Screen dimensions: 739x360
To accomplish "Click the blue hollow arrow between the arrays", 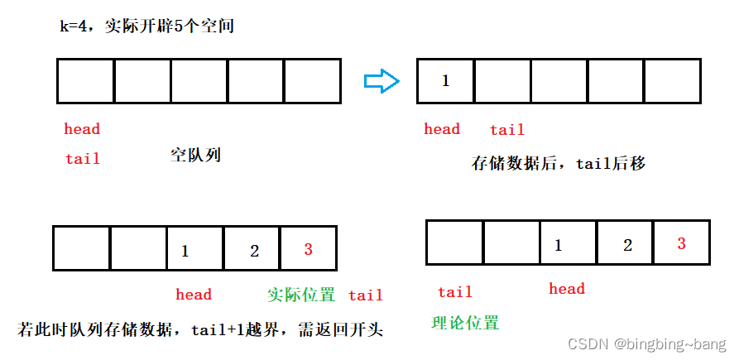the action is [x=381, y=80].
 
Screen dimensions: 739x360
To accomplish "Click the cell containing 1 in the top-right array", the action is [x=446, y=81].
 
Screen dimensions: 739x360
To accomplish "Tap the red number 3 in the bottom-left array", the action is [x=308, y=249].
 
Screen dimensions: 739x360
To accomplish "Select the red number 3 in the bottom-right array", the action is [x=681, y=244].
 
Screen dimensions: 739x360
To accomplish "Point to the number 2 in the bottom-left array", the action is [x=254, y=251].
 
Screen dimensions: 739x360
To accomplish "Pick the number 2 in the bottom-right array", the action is [x=627, y=245].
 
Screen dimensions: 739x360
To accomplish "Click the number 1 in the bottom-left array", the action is [x=185, y=251].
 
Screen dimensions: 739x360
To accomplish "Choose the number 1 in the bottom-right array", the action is [x=558, y=245].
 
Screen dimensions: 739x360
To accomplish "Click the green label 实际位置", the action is [x=301, y=295].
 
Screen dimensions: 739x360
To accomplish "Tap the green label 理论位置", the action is [x=466, y=323].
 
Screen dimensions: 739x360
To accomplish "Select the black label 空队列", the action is [x=195, y=155].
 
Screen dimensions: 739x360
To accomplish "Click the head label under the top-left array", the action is [x=82, y=129].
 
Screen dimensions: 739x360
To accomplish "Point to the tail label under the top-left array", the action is [x=83, y=158].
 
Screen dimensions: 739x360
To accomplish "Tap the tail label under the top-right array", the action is [x=507, y=130].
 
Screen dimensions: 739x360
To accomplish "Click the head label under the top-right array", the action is [x=442, y=129].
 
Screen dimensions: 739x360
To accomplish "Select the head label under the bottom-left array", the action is [x=194, y=295].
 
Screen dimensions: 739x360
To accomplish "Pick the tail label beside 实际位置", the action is [x=366, y=295].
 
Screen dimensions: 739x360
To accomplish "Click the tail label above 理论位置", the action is [x=455, y=292].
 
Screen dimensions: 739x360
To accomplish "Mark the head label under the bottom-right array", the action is [x=567, y=289].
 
